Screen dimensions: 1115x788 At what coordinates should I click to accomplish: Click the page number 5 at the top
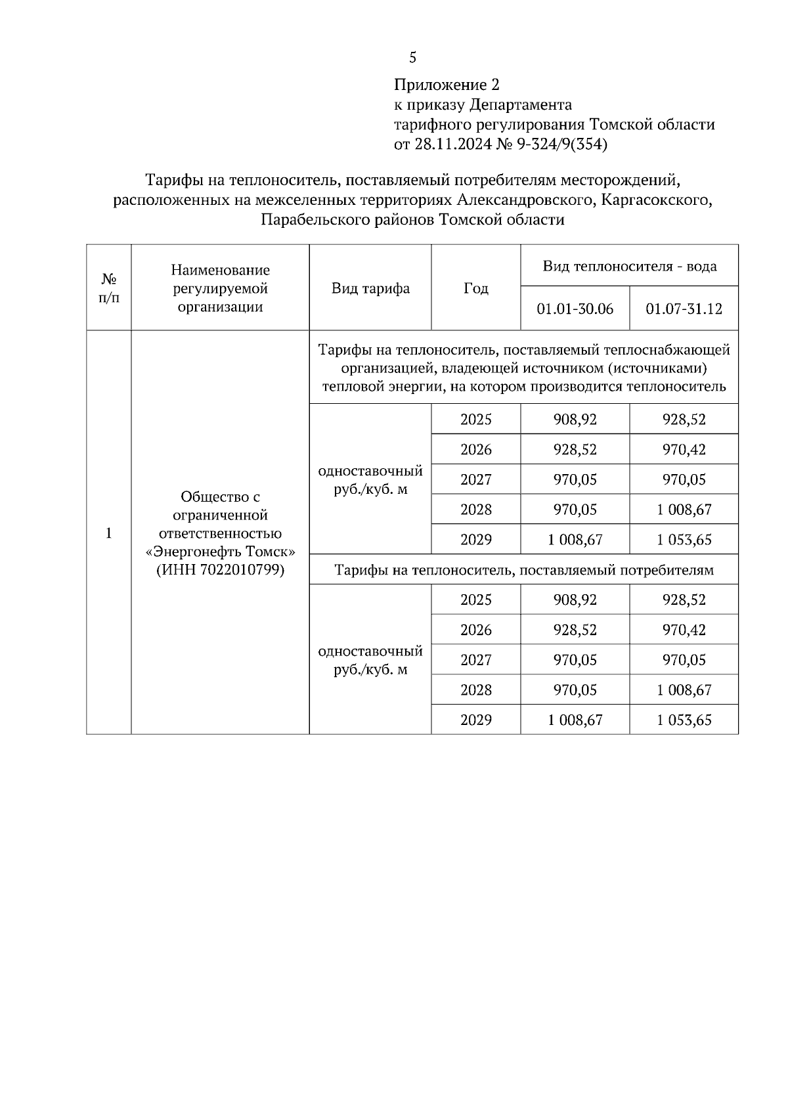click(x=412, y=58)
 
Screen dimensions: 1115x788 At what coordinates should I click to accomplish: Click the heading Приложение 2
click(x=447, y=85)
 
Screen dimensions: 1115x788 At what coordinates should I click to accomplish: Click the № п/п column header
click(x=109, y=288)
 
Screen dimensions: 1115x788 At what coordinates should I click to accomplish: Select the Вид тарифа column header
click(x=370, y=288)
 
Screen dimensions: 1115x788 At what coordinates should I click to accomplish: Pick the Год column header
click(x=476, y=288)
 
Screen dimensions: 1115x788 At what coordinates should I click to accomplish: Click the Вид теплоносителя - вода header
click(x=629, y=266)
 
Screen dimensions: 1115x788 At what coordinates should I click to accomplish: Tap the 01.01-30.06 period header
click(x=575, y=309)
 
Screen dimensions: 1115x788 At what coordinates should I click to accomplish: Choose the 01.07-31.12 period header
click(x=684, y=309)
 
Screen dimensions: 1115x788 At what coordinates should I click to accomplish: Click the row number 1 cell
click(x=109, y=533)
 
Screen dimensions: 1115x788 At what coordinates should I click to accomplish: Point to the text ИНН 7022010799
click(x=220, y=570)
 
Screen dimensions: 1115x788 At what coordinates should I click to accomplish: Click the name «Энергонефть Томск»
click(x=220, y=552)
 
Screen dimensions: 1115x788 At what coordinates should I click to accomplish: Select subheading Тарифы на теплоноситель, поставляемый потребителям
click(x=523, y=570)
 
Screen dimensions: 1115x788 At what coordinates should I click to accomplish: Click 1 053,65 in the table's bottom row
click(x=684, y=720)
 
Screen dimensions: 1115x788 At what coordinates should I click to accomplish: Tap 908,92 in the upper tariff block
click(x=575, y=420)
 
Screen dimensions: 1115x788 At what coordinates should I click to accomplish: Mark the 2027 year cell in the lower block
click(x=476, y=660)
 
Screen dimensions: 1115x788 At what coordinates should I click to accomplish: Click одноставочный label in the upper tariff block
click(x=370, y=471)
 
